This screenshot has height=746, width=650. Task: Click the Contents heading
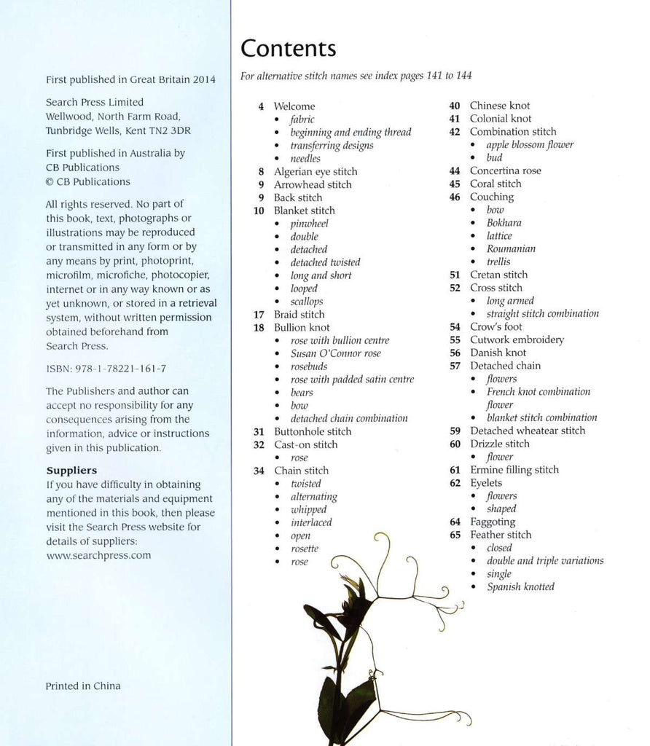pyautogui.click(x=289, y=49)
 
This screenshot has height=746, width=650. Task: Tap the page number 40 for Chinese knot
pyautogui.click(x=454, y=106)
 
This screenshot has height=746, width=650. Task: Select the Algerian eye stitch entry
pyautogui.click(x=315, y=172)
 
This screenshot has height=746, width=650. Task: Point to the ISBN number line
pyautogui.click(x=106, y=369)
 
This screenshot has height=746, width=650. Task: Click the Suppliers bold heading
pyautogui.click(x=71, y=471)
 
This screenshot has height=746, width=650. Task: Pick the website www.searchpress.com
pyautogui.click(x=98, y=555)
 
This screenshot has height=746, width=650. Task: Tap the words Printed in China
pyautogui.click(x=83, y=686)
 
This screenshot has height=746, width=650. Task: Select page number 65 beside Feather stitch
pyautogui.click(x=455, y=535)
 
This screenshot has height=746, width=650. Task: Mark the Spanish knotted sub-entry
pyautogui.click(x=520, y=586)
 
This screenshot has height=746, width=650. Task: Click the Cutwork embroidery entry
pyautogui.click(x=517, y=339)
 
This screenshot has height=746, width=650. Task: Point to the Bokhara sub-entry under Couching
pyautogui.click(x=504, y=223)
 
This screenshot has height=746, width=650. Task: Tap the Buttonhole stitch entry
pyautogui.click(x=312, y=431)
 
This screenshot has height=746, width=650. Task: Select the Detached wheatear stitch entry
pyautogui.click(x=527, y=431)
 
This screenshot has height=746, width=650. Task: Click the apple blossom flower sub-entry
pyautogui.click(x=530, y=144)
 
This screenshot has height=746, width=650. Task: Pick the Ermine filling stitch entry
pyautogui.click(x=514, y=470)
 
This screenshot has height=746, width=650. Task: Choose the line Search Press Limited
pyautogui.click(x=95, y=102)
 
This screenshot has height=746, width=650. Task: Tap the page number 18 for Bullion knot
pyautogui.click(x=259, y=328)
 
